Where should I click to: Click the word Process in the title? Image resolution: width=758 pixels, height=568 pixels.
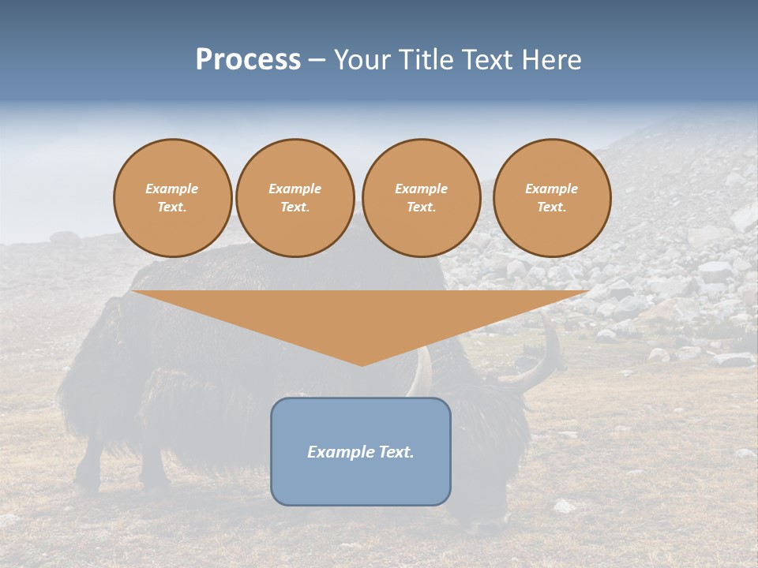[248, 60]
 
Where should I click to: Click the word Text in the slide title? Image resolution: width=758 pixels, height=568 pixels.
[490, 60]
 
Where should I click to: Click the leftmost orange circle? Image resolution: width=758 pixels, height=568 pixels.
[172, 198]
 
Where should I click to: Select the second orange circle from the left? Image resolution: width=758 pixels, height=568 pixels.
[295, 198]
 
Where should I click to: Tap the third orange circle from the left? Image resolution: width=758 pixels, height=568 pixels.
[421, 198]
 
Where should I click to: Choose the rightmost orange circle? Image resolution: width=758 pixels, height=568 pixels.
[552, 198]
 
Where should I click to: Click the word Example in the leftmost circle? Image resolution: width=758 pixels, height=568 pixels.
[172, 189]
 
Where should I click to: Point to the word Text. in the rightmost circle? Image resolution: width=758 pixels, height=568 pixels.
[552, 207]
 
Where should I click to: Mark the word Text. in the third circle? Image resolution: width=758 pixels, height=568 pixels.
[421, 207]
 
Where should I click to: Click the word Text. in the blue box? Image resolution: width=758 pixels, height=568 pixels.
[396, 452]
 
